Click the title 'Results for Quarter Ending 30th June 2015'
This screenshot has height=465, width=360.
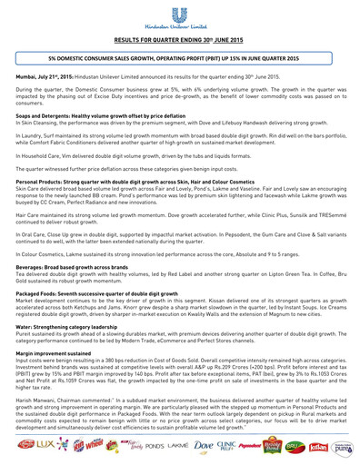[179, 40]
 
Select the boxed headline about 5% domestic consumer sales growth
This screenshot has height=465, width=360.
[179, 57]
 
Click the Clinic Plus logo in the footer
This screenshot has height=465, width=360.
[235, 450]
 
